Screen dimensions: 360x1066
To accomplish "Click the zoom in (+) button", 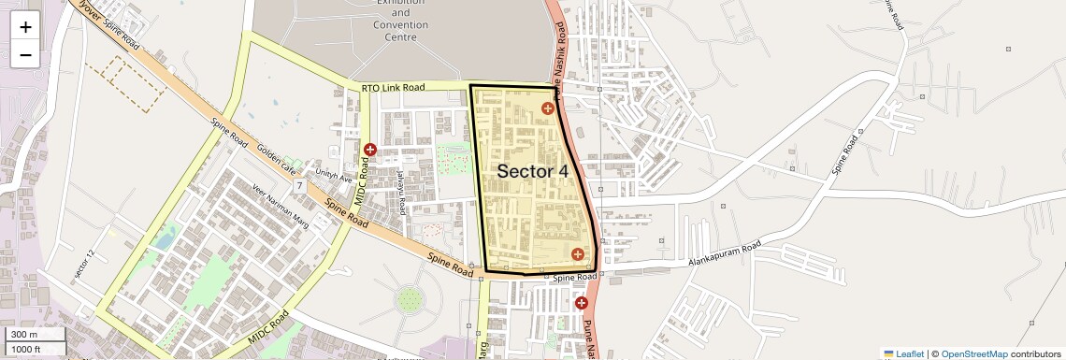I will (25, 26).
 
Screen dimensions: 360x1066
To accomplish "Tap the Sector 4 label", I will (532, 171).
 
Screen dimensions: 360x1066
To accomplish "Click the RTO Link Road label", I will (393, 87).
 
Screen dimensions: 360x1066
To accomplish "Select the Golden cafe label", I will (276, 162).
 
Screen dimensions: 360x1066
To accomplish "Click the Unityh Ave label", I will (334, 177).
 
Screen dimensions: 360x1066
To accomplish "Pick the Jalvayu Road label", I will (402, 197).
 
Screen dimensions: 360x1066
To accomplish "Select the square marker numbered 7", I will (299, 186).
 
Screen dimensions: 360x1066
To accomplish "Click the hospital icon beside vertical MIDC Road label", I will (370, 150).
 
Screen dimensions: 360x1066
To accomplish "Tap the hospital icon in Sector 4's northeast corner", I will (548, 108).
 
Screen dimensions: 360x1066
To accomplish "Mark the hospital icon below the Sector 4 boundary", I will (581, 303).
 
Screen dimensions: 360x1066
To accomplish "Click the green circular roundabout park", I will (410, 300).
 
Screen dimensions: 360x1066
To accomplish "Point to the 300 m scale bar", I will (34, 334).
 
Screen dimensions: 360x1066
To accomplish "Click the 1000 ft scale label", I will (34, 349).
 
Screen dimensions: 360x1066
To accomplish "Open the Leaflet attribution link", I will (903, 353).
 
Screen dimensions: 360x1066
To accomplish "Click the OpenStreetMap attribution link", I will (973, 353).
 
